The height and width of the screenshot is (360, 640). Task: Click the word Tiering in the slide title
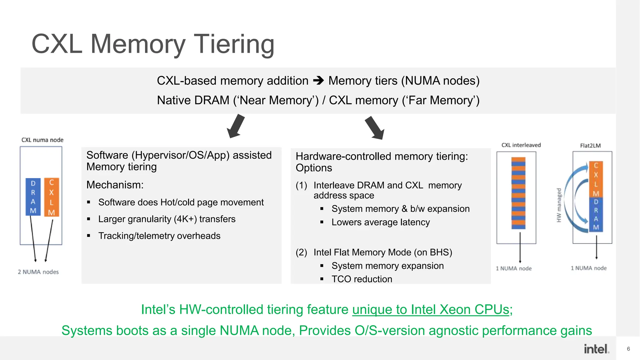(x=234, y=44)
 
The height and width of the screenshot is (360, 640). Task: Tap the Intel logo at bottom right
(x=596, y=349)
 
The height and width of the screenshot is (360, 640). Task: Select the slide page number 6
(x=628, y=349)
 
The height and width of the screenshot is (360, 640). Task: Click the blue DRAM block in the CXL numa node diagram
(x=33, y=197)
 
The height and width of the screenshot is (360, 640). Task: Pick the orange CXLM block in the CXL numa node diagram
(x=52, y=197)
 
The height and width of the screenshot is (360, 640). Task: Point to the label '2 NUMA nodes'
(x=38, y=272)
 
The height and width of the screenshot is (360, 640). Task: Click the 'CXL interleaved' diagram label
(x=521, y=145)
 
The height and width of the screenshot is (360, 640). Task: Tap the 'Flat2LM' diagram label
(x=590, y=146)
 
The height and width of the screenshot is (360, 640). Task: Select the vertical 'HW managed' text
(x=559, y=205)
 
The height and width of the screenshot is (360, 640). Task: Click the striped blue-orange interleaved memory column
(x=518, y=193)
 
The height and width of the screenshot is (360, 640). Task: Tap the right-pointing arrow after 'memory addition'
(x=318, y=81)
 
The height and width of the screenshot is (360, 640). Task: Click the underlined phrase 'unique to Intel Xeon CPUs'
(x=431, y=310)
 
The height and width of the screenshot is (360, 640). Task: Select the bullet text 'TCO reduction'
(x=362, y=279)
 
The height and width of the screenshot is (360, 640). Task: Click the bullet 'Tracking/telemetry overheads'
(x=159, y=236)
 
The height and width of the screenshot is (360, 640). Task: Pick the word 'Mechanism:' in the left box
(x=115, y=185)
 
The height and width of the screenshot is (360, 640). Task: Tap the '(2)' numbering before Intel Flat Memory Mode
(x=301, y=252)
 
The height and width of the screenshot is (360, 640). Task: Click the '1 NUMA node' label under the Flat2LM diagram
(x=588, y=268)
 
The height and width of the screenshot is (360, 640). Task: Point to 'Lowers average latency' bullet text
(x=380, y=222)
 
